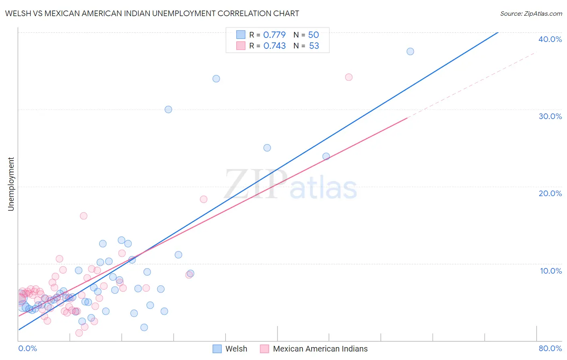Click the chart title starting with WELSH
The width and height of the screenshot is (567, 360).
coord(152,13)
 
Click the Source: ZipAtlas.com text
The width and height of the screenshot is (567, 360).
coord(531,13)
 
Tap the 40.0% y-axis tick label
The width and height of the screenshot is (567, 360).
coord(550,39)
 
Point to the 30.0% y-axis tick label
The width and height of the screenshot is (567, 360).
coord(550,116)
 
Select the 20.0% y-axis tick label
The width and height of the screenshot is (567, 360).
coord(550,193)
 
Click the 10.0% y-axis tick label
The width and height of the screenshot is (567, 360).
coord(550,271)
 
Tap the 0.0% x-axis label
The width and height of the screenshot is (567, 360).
coord(27,348)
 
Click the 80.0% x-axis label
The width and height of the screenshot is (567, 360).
coord(550,348)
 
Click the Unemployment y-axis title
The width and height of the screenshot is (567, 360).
coord(11,184)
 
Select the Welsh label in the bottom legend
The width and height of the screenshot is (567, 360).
coord(236,349)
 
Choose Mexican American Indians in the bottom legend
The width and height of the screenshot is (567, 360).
coord(320,349)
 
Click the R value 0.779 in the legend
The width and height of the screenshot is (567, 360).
coord(274,35)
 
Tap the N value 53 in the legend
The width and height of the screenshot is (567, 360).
coord(314,46)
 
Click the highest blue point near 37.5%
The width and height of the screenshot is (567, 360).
coord(410,51)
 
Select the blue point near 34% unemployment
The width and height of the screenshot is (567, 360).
coord(216,79)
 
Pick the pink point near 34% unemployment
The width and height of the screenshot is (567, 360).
coord(349,77)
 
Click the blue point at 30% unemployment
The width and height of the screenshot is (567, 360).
coord(168,109)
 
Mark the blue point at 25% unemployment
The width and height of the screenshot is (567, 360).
coord(267,148)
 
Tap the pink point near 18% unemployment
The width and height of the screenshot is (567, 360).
coord(204,199)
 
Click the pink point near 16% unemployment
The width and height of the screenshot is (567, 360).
coord(83,216)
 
